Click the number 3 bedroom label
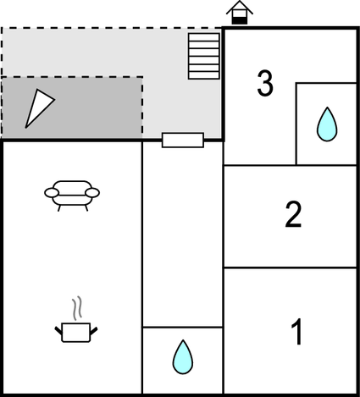click(265, 83)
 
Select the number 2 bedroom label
click(293, 214)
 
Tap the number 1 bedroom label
click(297, 331)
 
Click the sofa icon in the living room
click(72, 196)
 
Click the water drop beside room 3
click(327, 124)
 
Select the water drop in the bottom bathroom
click(183, 357)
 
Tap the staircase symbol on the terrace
click(204, 56)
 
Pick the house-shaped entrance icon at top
click(240, 13)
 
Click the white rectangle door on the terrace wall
click(183, 140)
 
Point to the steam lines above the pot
click(76, 308)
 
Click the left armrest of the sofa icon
click(52, 193)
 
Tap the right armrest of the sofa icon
click(92, 193)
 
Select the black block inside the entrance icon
click(240, 20)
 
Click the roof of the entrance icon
click(240, 7)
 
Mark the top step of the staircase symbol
click(204, 37)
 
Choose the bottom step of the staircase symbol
click(204, 75)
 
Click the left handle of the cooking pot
click(58, 330)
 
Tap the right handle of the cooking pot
click(94, 330)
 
